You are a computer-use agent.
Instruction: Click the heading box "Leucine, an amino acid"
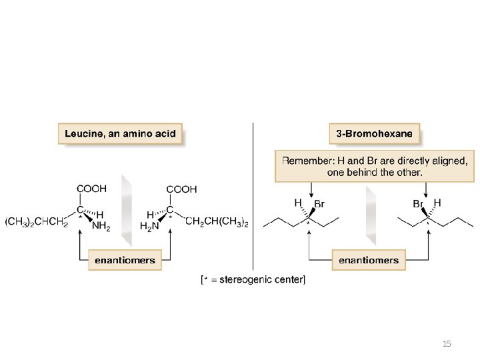click(120, 133)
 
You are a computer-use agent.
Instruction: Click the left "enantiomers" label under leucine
click(125, 260)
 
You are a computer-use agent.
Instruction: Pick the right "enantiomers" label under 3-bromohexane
click(368, 260)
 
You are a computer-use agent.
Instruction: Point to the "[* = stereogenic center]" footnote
click(253, 279)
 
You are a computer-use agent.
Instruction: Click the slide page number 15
click(447, 344)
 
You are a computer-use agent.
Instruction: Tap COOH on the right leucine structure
click(181, 189)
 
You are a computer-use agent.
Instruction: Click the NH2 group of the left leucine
click(101, 227)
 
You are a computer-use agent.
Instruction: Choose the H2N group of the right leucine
click(150, 227)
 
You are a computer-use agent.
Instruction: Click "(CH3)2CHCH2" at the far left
click(36, 222)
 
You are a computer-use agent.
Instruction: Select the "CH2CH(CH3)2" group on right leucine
click(217, 222)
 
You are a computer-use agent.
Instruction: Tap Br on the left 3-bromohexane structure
click(319, 205)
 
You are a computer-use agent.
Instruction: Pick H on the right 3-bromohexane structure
click(437, 203)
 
